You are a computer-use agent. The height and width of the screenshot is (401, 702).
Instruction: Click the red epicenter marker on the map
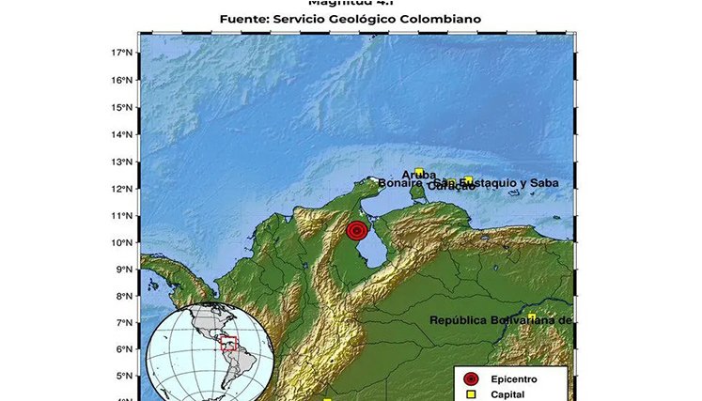[356, 230]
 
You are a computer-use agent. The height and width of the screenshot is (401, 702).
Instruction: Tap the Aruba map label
[418, 175]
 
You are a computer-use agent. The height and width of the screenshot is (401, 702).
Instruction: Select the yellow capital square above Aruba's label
[419, 172]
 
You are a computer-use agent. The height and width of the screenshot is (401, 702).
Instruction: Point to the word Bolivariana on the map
[526, 320]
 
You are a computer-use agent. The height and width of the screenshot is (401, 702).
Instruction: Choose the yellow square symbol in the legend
[472, 395]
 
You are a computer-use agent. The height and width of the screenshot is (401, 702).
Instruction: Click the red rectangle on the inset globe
[228, 344]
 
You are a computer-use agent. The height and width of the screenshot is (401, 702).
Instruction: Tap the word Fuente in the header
[245, 19]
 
